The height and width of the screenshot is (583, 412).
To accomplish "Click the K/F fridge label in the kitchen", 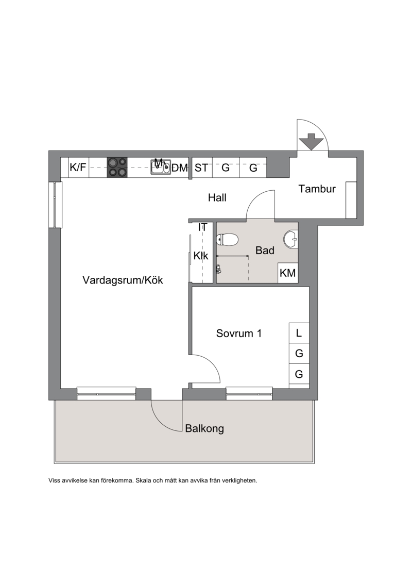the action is click(x=78, y=168).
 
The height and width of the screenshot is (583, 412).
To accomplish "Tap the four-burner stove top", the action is click(x=117, y=167).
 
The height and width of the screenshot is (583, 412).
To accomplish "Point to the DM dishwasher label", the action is click(x=180, y=168).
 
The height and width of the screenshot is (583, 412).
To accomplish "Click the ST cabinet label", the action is click(x=201, y=168).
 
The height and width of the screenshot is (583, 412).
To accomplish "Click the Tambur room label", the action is click(x=317, y=189).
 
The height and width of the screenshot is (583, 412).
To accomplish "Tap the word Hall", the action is click(x=217, y=197).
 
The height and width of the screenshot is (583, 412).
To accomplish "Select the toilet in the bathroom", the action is click(x=227, y=240).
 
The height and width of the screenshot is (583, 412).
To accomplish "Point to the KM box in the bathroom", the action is click(x=288, y=273).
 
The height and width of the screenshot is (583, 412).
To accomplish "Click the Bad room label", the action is click(x=265, y=250).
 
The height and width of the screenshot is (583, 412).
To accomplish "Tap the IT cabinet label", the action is click(x=202, y=227).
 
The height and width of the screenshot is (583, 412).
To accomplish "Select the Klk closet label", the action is click(x=201, y=256).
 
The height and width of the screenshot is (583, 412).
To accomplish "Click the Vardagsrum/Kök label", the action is click(x=123, y=280).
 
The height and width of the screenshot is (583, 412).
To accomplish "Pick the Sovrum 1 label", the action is click(x=239, y=334).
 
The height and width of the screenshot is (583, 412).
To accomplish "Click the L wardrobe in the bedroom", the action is click(x=299, y=333).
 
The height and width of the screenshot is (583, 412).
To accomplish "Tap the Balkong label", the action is click(x=204, y=429).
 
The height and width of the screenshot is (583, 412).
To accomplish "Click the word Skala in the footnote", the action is click(x=143, y=480).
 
